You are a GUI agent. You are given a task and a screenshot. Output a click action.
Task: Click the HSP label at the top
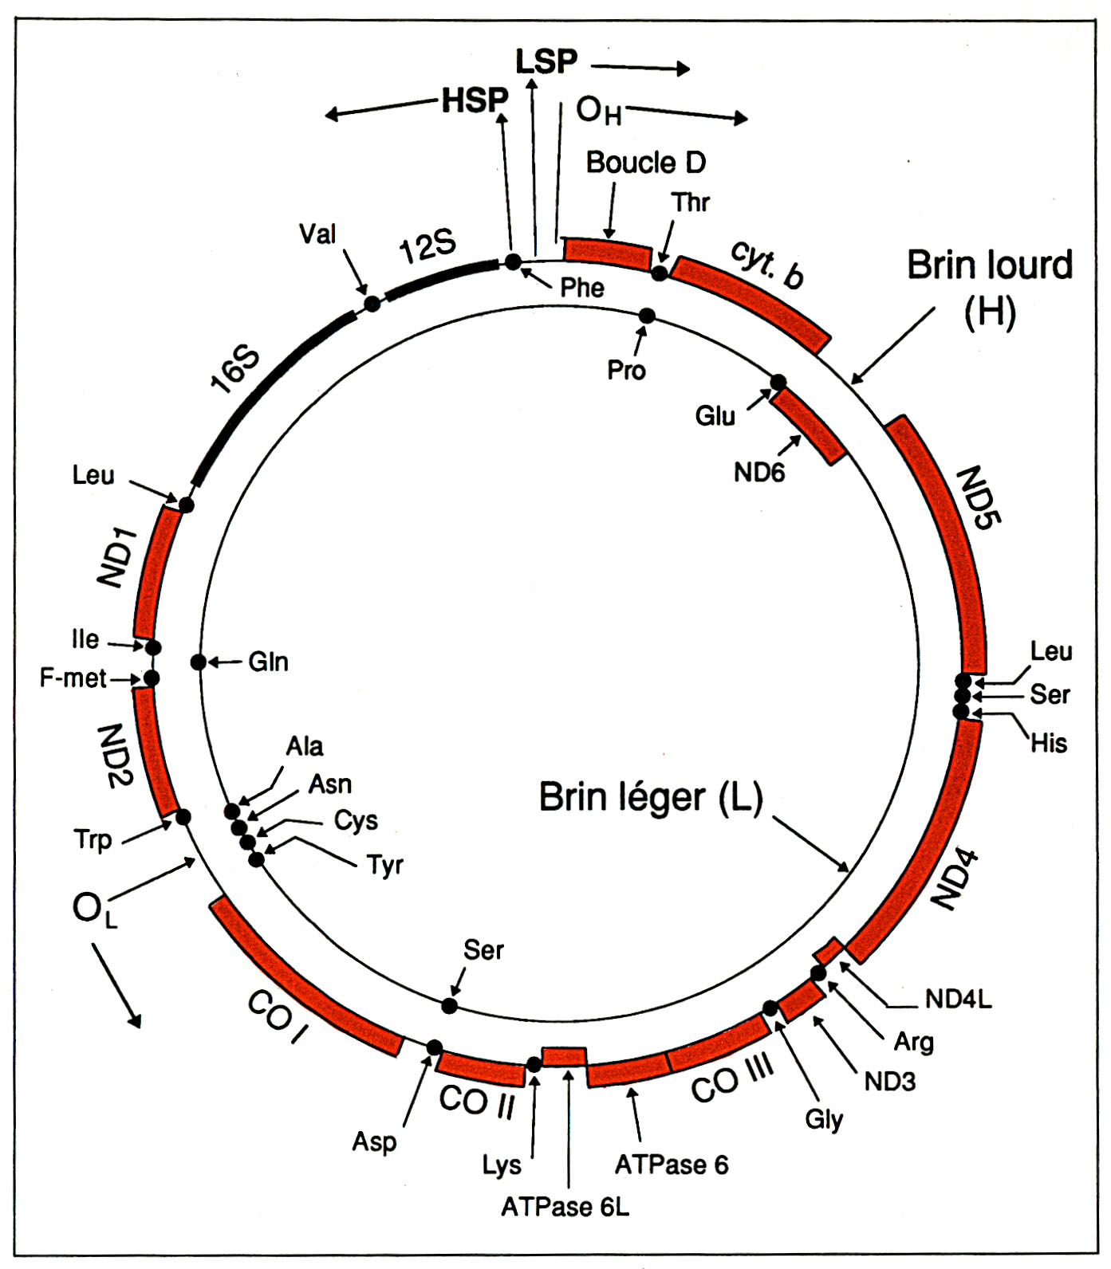475,101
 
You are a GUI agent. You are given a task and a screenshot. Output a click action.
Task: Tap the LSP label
546,62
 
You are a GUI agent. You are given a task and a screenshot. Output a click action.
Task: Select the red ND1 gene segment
156,571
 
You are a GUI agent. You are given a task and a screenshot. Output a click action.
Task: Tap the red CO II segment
481,1069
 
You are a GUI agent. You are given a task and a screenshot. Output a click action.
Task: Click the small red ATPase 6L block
564,1057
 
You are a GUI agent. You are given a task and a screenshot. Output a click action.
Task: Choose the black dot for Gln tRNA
199,662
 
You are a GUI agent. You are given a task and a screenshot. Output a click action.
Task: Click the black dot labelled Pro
647,316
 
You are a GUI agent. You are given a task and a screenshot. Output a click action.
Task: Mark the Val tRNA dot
371,303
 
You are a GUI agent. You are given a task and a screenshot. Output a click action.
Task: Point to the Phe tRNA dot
514,261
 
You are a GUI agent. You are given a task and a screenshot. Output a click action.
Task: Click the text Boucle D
646,163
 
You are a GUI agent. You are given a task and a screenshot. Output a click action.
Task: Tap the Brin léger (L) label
651,797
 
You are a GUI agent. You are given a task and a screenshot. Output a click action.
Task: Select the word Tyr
385,865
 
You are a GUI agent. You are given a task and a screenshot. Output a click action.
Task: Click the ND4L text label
958,999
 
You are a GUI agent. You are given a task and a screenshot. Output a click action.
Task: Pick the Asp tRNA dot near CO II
435,1047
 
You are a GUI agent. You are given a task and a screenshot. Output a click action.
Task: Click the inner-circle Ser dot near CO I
450,1006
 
